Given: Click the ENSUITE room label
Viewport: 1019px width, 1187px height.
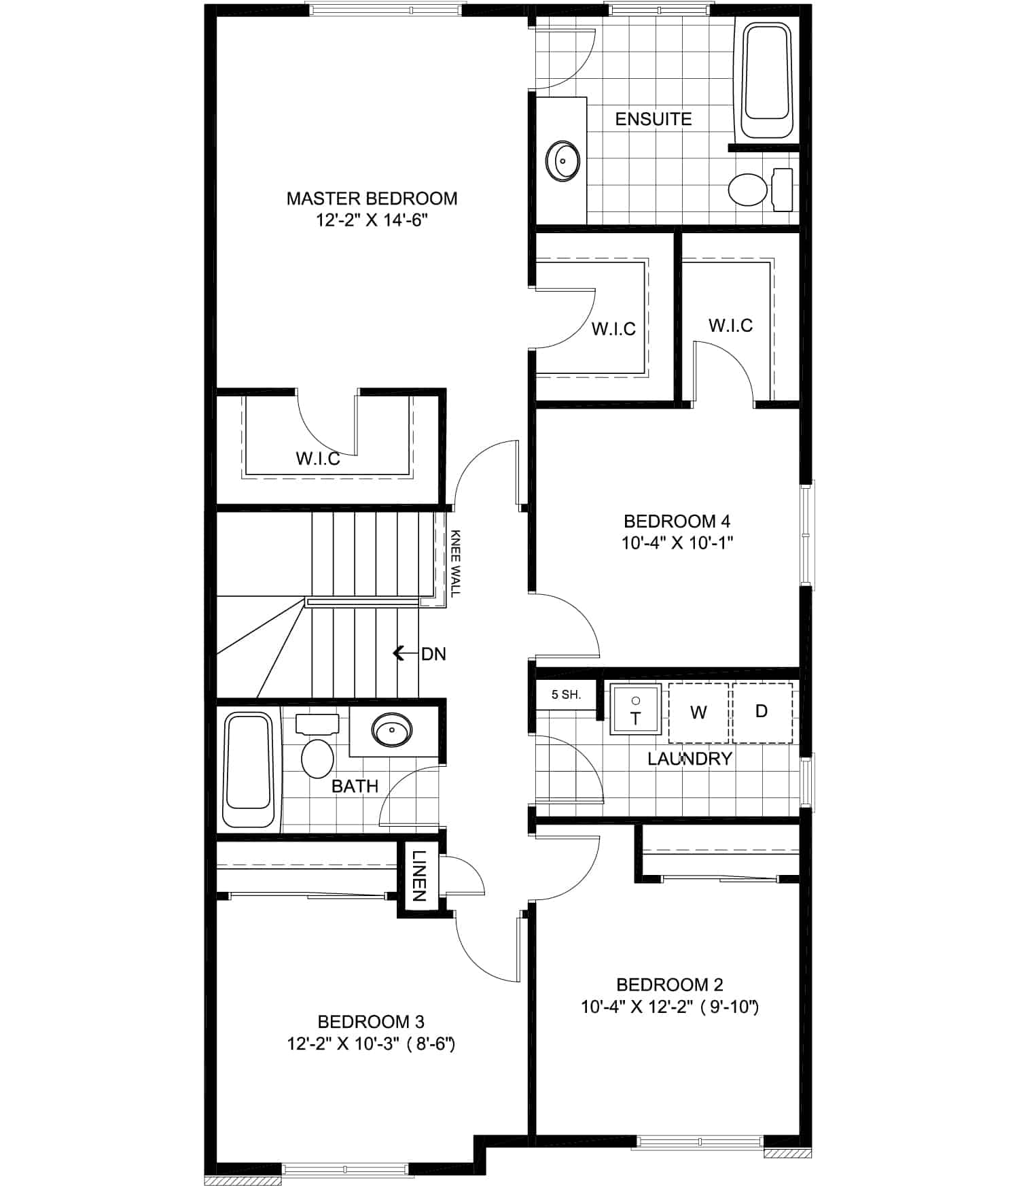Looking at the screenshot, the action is click(x=654, y=119).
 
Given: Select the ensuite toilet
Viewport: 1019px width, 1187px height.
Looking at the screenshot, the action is click(x=760, y=188).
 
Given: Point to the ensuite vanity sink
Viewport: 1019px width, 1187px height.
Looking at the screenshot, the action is click(x=562, y=161).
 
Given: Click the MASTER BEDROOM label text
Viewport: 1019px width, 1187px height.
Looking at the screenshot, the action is click(x=372, y=199).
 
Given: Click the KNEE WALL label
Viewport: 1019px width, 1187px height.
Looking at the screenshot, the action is click(x=455, y=563).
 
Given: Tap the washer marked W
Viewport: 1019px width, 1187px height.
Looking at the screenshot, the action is click(x=698, y=712).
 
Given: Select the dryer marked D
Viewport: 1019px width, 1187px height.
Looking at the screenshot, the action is click(x=762, y=712).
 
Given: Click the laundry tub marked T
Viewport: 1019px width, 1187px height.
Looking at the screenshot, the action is click(x=636, y=710).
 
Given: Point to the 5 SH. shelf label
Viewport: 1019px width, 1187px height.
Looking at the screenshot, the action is click(x=566, y=695).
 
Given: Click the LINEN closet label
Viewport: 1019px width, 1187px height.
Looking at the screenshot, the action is click(x=419, y=876).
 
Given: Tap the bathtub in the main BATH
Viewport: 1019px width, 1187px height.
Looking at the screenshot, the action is click(x=249, y=770).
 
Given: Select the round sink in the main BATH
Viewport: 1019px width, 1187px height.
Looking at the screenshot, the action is click(x=391, y=730).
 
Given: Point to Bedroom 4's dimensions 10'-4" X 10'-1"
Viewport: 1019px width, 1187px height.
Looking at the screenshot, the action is click(x=677, y=543).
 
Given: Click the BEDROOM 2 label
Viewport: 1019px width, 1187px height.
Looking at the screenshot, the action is click(x=670, y=984).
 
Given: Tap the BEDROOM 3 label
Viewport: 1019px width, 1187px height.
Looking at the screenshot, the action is click(x=371, y=1022).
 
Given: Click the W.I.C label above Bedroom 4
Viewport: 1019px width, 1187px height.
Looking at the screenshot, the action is click(x=731, y=326).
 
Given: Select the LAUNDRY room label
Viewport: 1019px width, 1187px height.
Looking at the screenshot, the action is click(x=690, y=759).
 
